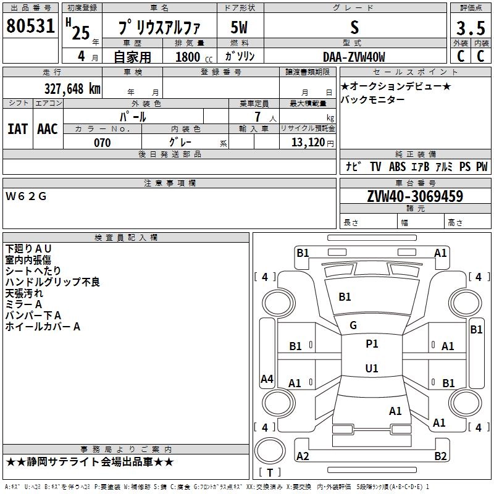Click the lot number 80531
(x=30, y=28)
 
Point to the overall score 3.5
(x=469, y=28)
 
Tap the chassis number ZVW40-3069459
(x=415, y=197)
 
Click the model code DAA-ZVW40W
(x=354, y=57)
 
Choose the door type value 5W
(x=240, y=28)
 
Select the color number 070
(x=102, y=143)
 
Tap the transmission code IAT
(x=17, y=128)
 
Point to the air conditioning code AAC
(x=48, y=128)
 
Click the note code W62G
(x=26, y=197)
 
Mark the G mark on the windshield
(x=353, y=325)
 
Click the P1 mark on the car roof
(x=372, y=344)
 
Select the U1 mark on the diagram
(x=371, y=369)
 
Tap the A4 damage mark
(x=267, y=379)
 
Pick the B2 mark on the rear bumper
(x=440, y=456)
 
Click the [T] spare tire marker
(x=270, y=473)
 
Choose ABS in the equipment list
(x=397, y=167)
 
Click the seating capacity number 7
(x=256, y=117)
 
